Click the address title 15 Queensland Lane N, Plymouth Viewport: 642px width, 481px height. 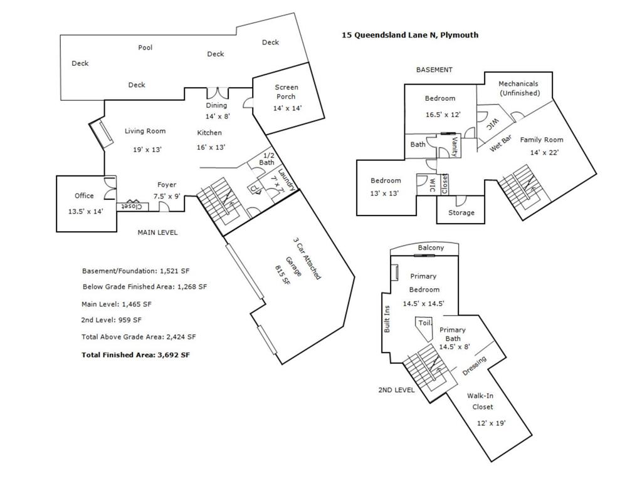(x=410, y=35)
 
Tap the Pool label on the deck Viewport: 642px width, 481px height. (x=145, y=48)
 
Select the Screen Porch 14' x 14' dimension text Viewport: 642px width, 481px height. (x=287, y=108)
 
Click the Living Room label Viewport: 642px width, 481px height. (x=145, y=131)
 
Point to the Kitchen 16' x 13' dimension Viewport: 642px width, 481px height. (x=211, y=147)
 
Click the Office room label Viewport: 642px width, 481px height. (x=84, y=195)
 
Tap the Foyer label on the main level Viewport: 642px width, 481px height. (x=167, y=185)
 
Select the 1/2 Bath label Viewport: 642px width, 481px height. (x=267, y=158)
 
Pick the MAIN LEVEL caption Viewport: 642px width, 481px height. (x=157, y=232)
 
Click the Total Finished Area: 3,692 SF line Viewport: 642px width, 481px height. (x=135, y=355)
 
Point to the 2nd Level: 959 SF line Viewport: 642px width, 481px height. (x=111, y=320)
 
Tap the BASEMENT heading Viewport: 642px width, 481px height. (x=434, y=70)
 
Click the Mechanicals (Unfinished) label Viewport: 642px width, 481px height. (x=518, y=88)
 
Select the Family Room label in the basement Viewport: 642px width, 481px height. (x=541, y=140)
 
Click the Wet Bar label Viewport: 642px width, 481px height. (x=501, y=143)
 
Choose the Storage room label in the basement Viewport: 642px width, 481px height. (x=461, y=213)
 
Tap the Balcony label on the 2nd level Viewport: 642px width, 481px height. (x=431, y=247)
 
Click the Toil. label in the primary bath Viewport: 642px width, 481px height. (x=424, y=323)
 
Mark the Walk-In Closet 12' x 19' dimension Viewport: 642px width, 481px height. (x=491, y=423)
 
